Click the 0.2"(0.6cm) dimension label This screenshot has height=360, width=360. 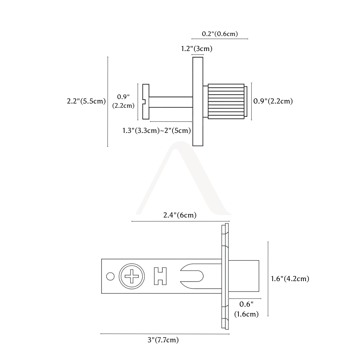pos(220,34)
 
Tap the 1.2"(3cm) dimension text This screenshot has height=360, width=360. pos(197,49)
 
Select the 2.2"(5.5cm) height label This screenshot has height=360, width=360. pos(86,101)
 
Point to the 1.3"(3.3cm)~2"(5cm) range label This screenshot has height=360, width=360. pos(157,130)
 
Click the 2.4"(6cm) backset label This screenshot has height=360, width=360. pos(180,215)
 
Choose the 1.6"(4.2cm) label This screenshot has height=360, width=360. pos(290,278)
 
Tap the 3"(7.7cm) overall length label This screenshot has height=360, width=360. pos(163,340)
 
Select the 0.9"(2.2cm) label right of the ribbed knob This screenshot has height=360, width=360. pos(273,101)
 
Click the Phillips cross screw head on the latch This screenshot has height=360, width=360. pos(132,276)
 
